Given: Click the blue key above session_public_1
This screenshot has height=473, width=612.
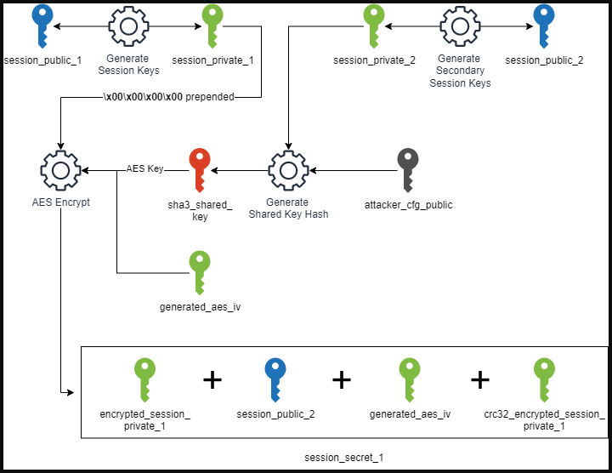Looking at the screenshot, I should [x=41, y=25].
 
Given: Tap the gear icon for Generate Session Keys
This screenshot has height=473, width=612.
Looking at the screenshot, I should [x=130, y=26].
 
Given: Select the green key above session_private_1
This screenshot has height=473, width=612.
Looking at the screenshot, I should [x=212, y=25].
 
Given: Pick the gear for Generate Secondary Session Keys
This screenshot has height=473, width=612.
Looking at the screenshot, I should [x=460, y=26].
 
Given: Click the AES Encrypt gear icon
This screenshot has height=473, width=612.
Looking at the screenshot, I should [x=60, y=170].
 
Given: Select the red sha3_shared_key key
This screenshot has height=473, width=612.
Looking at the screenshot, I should [x=200, y=169].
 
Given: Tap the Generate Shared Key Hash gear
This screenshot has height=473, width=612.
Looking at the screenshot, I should [x=287, y=170].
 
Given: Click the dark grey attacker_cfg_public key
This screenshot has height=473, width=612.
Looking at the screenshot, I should [x=408, y=169].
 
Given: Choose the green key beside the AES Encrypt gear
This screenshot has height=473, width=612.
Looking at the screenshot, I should [x=200, y=271].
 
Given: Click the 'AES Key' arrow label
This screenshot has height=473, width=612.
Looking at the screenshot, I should [x=144, y=169].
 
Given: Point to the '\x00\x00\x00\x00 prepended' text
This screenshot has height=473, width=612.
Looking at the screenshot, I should [x=167, y=97].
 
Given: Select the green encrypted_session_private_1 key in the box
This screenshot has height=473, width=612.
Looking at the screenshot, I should [x=145, y=379].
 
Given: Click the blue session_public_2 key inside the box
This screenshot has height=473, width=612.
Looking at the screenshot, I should [x=275, y=379].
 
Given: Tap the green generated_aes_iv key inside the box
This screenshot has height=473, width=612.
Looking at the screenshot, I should [x=410, y=379].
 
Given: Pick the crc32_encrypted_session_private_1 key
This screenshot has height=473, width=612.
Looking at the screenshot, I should [x=544, y=379].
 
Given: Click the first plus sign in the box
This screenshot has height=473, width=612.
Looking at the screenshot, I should [x=212, y=379].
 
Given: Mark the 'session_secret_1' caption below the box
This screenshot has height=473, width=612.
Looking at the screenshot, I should [x=344, y=458].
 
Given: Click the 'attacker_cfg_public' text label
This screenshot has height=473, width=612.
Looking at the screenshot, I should [x=407, y=205].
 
